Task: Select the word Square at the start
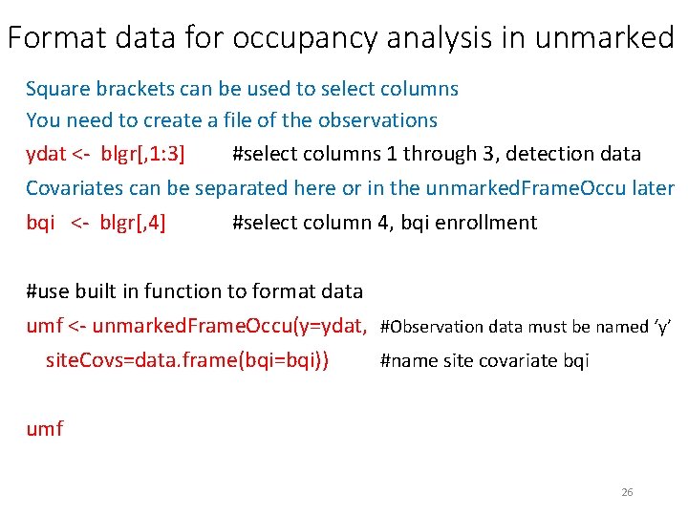56,89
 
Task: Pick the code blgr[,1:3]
142,154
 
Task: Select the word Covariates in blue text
75,188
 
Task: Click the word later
654,188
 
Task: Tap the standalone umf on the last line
44,428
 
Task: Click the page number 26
627,492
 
